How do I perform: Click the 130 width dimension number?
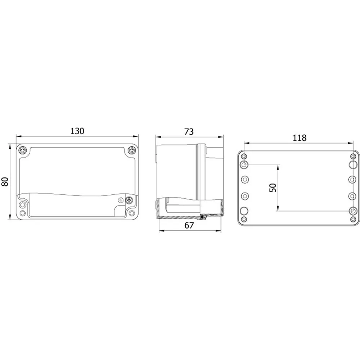click(77, 131)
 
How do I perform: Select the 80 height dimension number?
click(5, 181)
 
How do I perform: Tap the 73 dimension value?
click(189, 132)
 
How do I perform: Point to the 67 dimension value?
click(189, 225)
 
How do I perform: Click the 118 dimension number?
click(300, 138)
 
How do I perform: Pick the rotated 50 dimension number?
click(273, 188)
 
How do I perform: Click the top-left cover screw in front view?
click(23, 150)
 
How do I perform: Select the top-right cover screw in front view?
click(132, 150)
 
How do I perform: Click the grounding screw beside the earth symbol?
click(129, 200)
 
